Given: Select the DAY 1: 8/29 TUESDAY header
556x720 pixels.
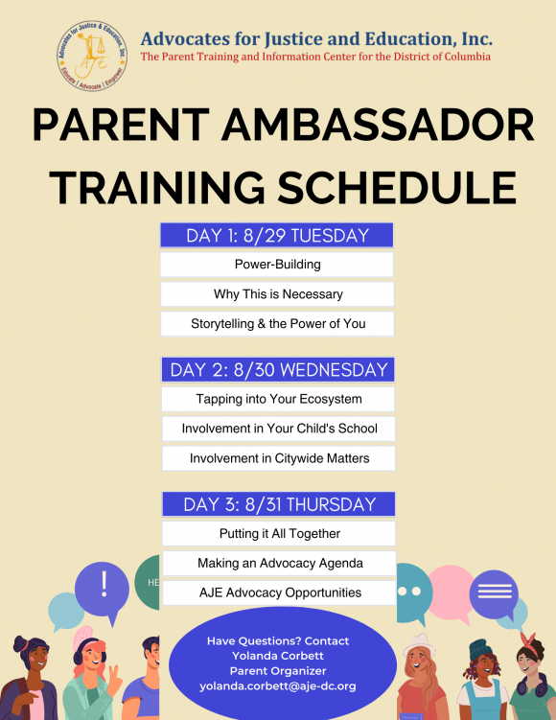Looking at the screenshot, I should coord(278,236).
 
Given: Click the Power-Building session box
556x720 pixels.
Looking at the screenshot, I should coord(278,265).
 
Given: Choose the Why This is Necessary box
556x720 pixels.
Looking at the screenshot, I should coord(278,294).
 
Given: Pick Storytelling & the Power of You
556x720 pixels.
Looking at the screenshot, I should coord(278,324).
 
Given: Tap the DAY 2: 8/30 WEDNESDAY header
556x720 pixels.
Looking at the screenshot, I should coord(278,370).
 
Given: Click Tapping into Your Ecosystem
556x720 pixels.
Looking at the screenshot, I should coord(278,400).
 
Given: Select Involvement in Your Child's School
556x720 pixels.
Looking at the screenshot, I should coord(278,430).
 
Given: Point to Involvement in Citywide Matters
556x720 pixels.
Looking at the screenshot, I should coord(278,459).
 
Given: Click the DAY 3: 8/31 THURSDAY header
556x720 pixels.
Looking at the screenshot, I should coord(278,504).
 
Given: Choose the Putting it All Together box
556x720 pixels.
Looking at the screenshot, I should coord(278,534).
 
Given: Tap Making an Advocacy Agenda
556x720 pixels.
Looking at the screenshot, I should coord(278,564).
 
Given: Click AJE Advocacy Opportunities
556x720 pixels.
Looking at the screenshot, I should coord(278,592).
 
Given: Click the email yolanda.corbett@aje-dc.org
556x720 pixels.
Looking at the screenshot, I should coord(277,686).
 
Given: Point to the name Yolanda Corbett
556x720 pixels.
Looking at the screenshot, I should coord(277,656).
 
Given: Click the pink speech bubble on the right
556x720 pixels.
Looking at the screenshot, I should coord(450,586).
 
